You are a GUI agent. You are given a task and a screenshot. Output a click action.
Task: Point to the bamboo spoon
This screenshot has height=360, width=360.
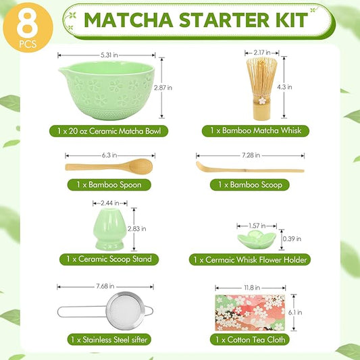click(109, 166)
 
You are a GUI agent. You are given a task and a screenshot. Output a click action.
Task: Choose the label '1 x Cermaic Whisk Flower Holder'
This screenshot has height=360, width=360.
click(250, 259)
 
